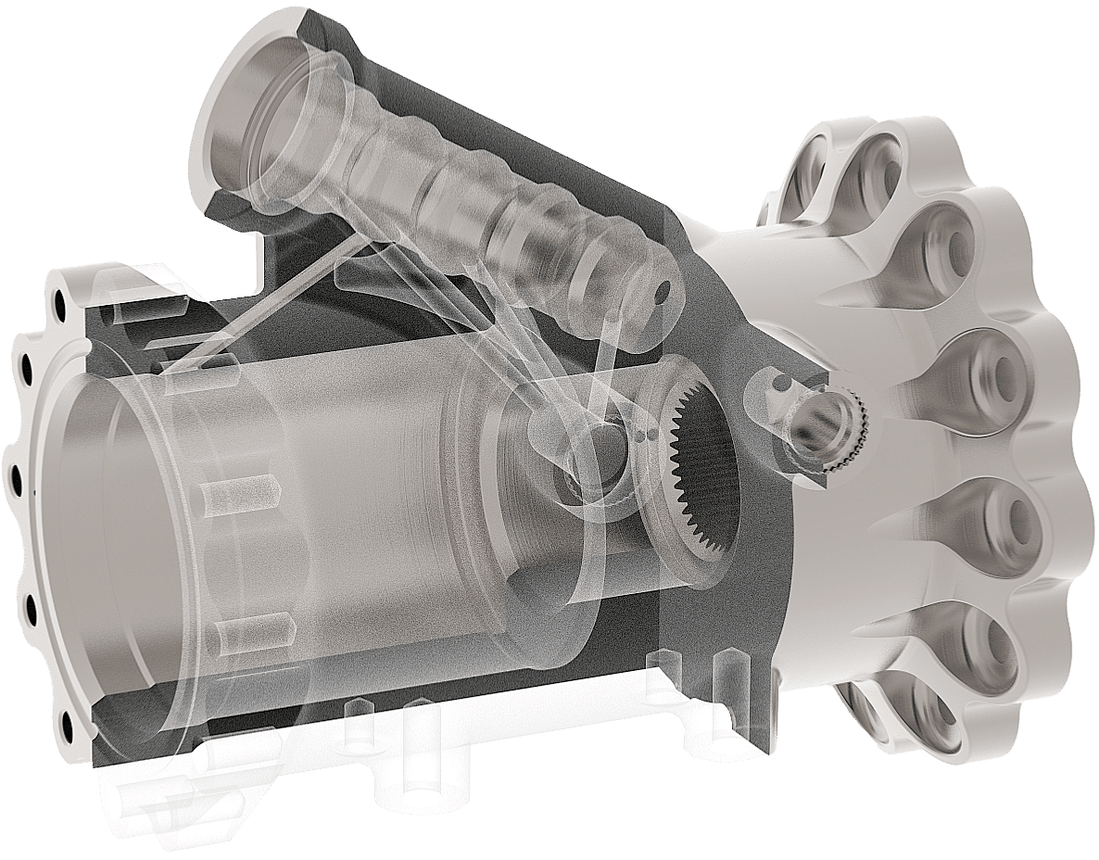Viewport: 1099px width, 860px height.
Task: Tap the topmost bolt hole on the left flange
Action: click(x=61, y=303)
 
